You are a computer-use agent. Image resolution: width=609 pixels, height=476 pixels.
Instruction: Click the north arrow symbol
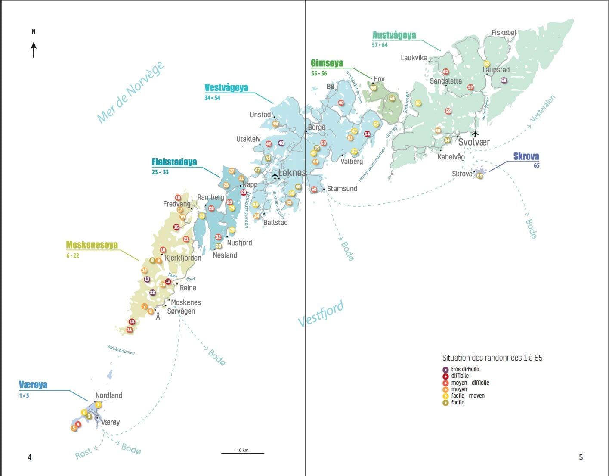click(34, 50)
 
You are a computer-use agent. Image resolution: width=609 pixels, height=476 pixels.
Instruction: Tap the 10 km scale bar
click(242, 452)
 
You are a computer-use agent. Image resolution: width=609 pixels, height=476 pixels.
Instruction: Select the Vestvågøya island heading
click(226, 88)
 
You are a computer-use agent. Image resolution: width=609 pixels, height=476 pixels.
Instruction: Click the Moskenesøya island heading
click(92, 245)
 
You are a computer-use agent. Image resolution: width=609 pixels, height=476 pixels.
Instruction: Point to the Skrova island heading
click(526, 156)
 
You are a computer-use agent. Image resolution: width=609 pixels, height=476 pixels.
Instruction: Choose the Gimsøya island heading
click(327, 64)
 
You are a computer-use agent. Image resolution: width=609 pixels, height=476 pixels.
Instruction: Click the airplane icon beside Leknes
click(275, 175)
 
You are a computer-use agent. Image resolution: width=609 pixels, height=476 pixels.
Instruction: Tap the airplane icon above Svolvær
click(475, 133)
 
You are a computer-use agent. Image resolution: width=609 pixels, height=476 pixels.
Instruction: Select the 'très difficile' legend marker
click(445, 370)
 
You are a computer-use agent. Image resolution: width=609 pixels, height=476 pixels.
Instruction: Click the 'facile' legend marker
click(445, 403)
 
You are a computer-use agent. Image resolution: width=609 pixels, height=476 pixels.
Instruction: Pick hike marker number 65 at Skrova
click(479, 176)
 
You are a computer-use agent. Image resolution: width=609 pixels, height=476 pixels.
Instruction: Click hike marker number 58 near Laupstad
click(504, 81)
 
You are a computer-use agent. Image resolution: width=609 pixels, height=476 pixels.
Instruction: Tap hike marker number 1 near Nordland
click(98, 404)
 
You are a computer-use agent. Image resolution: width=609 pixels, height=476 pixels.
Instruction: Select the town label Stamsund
click(342, 189)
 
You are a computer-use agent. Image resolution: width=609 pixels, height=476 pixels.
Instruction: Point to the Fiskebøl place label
click(504, 33)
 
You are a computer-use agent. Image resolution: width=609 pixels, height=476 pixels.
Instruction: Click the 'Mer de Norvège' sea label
click(130, 92)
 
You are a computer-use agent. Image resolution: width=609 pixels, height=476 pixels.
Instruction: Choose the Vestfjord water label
click(321, 314)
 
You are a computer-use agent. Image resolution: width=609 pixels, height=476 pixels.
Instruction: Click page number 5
click(581, 457)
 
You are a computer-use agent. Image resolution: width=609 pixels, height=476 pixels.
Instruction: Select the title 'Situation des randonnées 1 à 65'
click(492, 358)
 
